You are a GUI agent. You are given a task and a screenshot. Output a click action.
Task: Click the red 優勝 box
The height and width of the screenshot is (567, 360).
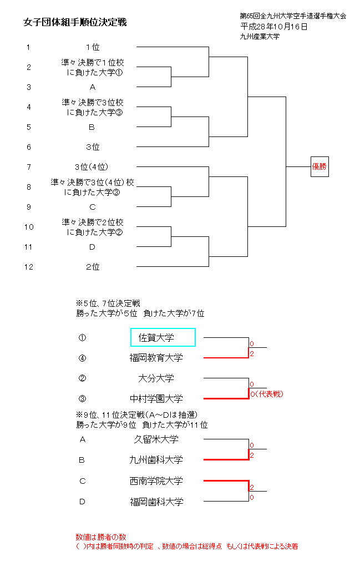[320, 166]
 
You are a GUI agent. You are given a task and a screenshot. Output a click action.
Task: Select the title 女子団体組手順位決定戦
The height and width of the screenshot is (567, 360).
[75, 22]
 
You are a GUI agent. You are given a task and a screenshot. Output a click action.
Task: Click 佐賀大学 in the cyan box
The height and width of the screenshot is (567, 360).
[163, 337]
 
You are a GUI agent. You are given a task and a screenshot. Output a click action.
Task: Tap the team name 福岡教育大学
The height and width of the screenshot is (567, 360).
[156, 358]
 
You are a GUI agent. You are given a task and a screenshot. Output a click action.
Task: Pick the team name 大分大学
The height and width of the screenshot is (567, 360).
[156, 378]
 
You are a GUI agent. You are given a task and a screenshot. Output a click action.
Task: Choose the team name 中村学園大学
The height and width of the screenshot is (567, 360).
[156, 398]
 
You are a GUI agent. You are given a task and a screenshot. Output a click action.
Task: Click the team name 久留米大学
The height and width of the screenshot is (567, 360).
[156, 439]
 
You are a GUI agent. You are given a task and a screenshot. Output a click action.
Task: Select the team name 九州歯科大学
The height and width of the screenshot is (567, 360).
[156, 460]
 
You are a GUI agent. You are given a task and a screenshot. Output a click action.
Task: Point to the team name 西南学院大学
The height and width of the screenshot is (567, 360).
[156, 481]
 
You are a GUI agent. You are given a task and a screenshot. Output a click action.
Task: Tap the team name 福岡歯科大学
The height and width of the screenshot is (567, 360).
[156, 502]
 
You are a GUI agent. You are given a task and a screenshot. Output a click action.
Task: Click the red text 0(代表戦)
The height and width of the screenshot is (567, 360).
[267, 394]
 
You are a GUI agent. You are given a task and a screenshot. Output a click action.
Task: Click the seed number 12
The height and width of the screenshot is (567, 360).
[29, 267]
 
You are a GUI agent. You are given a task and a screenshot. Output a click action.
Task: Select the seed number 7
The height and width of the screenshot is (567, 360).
[29, 167]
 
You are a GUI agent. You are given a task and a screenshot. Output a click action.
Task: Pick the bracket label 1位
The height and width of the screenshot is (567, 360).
[93, 47]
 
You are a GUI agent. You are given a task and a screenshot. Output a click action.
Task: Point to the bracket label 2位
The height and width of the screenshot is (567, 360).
[93, 267]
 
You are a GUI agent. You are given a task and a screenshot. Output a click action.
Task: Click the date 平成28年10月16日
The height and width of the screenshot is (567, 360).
[274, 26]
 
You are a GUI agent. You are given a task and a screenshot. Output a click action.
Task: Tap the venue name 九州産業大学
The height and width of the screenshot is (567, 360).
[260, 36]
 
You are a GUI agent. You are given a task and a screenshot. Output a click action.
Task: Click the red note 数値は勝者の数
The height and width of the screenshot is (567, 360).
[101, 537]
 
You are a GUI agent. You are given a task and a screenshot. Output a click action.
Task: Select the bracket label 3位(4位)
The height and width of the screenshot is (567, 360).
[92, 167]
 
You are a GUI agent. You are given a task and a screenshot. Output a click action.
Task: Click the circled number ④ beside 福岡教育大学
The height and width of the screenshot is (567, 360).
[83, 358]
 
